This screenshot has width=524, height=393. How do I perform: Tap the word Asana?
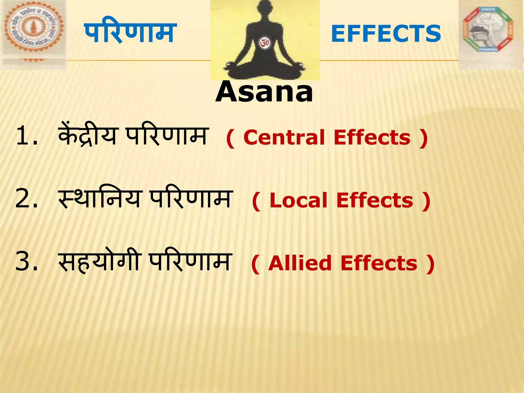coord(264,92)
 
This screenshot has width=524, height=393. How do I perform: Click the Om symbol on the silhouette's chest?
coord(264,43)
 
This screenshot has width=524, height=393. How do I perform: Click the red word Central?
coord(284,137)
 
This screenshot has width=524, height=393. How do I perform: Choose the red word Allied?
coord(300,263)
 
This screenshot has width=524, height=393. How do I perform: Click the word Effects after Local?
coord(375,200)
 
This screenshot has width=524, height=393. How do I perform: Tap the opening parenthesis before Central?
coord(230,138)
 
